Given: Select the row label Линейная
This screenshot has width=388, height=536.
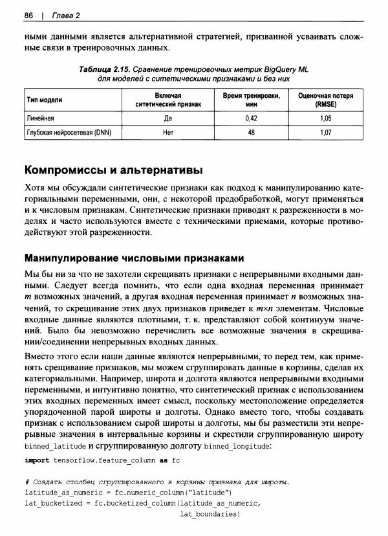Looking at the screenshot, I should click(x=40, y=118).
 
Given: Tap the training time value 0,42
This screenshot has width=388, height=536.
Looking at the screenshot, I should click(x=252, y=118).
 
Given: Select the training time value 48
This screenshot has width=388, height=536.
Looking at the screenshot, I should click(x=252, y=133).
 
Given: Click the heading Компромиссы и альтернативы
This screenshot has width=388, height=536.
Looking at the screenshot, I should click(x=113, y=171).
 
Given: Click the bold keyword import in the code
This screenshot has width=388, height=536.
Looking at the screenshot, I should click(x=36, y=460).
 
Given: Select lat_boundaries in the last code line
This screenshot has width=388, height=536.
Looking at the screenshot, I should click(x=209, y=514).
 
